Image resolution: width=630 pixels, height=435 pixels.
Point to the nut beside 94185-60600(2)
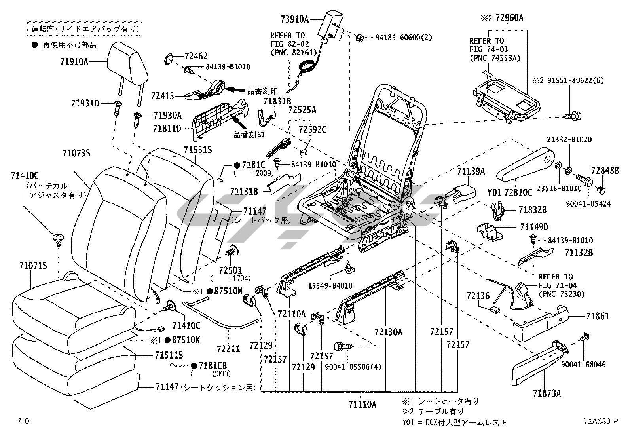(x=360, y=38)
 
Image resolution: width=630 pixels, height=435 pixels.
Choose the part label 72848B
(x=605, y=171)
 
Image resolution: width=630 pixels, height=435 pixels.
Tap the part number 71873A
(x=547, y=393)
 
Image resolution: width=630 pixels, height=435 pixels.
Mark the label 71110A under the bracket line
(x=362, y=404)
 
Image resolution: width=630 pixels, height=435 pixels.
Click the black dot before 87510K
(x=167, y=340)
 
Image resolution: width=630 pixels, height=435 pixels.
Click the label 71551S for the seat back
(x=197, y=150)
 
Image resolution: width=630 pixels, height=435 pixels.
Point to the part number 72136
(x=478, y=296)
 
